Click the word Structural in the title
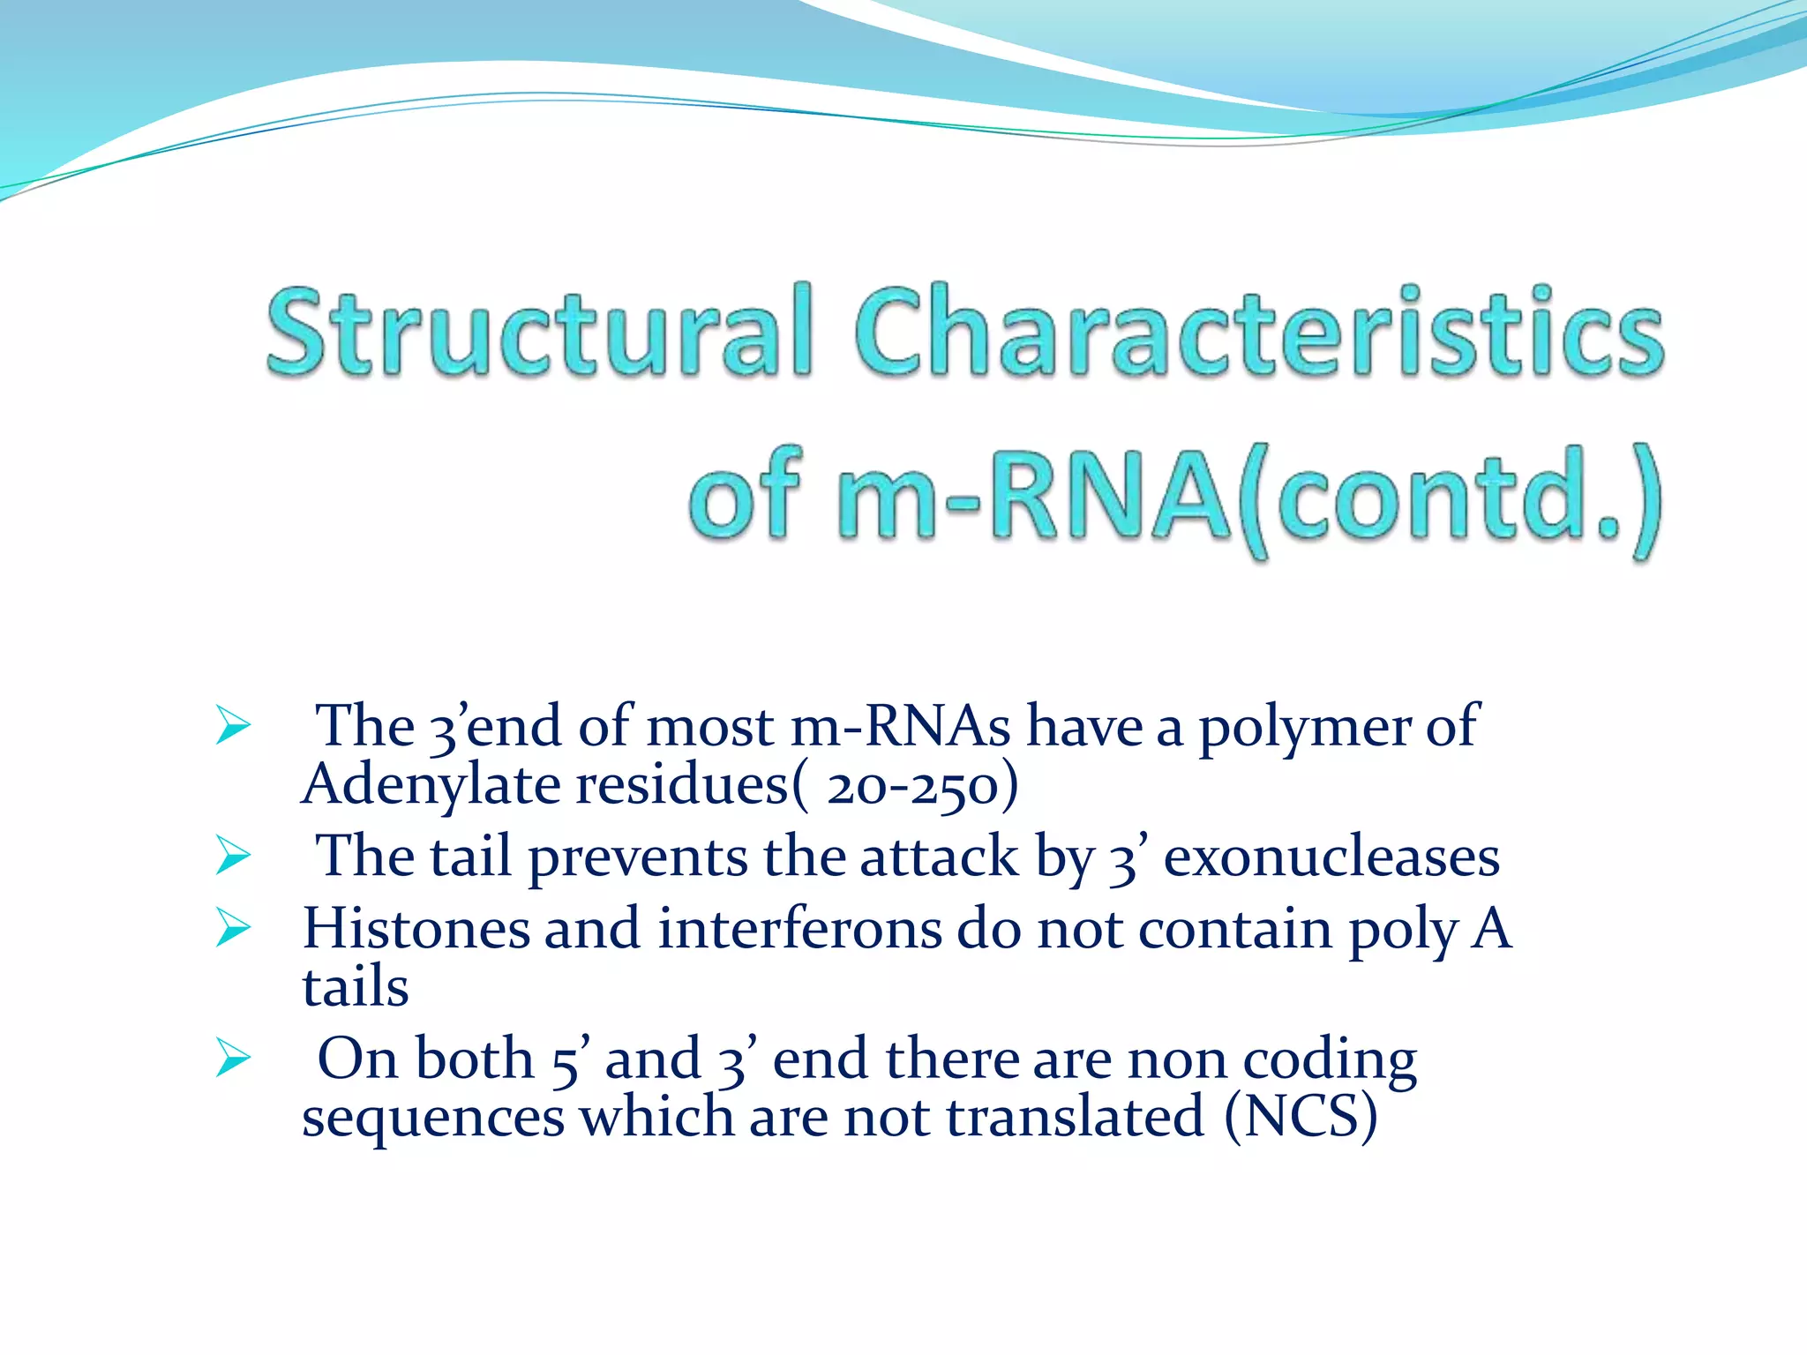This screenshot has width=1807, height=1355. pos(538,333)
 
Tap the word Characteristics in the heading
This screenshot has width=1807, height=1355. pos(1257,333)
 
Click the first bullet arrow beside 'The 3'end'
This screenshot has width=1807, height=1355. pos(233,727)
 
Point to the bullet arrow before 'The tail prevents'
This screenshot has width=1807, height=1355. pos(233,857)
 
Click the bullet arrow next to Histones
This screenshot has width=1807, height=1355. pos(233,930)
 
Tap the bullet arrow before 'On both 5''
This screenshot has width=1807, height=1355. pos(233,1059)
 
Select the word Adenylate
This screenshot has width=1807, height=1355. pos(431,784)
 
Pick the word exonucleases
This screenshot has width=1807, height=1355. pos(1331,857)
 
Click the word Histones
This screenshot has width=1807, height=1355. pos(416,929)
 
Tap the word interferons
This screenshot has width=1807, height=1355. pos(799,929)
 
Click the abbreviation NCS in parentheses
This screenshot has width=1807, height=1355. pos(1301,1116)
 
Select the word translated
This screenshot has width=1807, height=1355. pos(1075,1116)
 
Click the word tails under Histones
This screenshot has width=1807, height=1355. pos(355,986)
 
